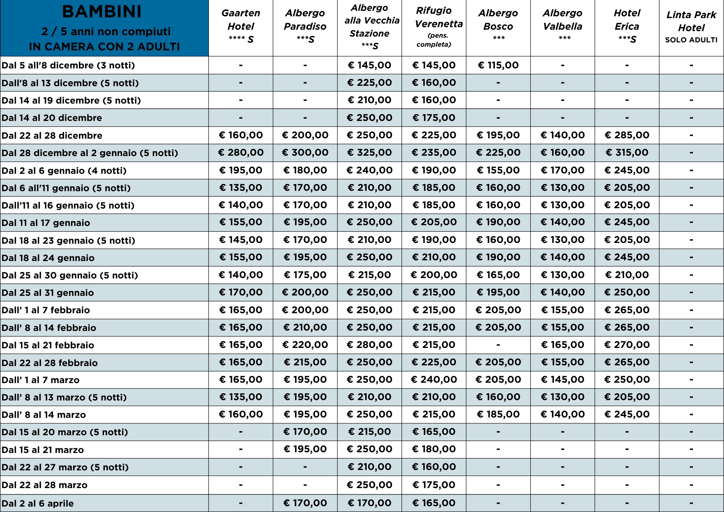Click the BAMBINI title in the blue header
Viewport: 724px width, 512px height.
point(102,12)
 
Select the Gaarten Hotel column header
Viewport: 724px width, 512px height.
point(241,26)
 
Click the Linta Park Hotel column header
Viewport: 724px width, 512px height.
point(691,21)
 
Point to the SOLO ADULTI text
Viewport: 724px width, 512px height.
point(691,40)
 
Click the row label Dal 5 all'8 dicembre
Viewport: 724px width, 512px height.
point(68,66)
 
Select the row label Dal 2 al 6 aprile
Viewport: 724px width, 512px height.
point(38,503)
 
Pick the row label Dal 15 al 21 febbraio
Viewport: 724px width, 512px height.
point(48,345)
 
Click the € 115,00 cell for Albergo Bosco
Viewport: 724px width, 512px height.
point(498,65)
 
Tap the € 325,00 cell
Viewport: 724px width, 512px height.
point(369,152)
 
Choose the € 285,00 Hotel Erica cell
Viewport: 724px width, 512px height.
point(627,135)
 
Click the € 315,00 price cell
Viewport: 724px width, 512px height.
point(627,152)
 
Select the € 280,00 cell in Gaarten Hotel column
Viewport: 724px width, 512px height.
point(241,152)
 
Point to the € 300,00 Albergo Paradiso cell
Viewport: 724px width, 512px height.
point(305,152)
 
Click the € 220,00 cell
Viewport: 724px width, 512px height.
point(305,345)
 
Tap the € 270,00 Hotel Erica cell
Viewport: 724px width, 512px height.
point(627,345)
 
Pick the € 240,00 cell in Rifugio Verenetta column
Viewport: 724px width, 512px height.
point(434,379)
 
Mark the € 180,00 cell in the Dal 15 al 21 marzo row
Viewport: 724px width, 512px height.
point(434,449)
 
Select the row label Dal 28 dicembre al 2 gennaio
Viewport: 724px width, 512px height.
point(90,153)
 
